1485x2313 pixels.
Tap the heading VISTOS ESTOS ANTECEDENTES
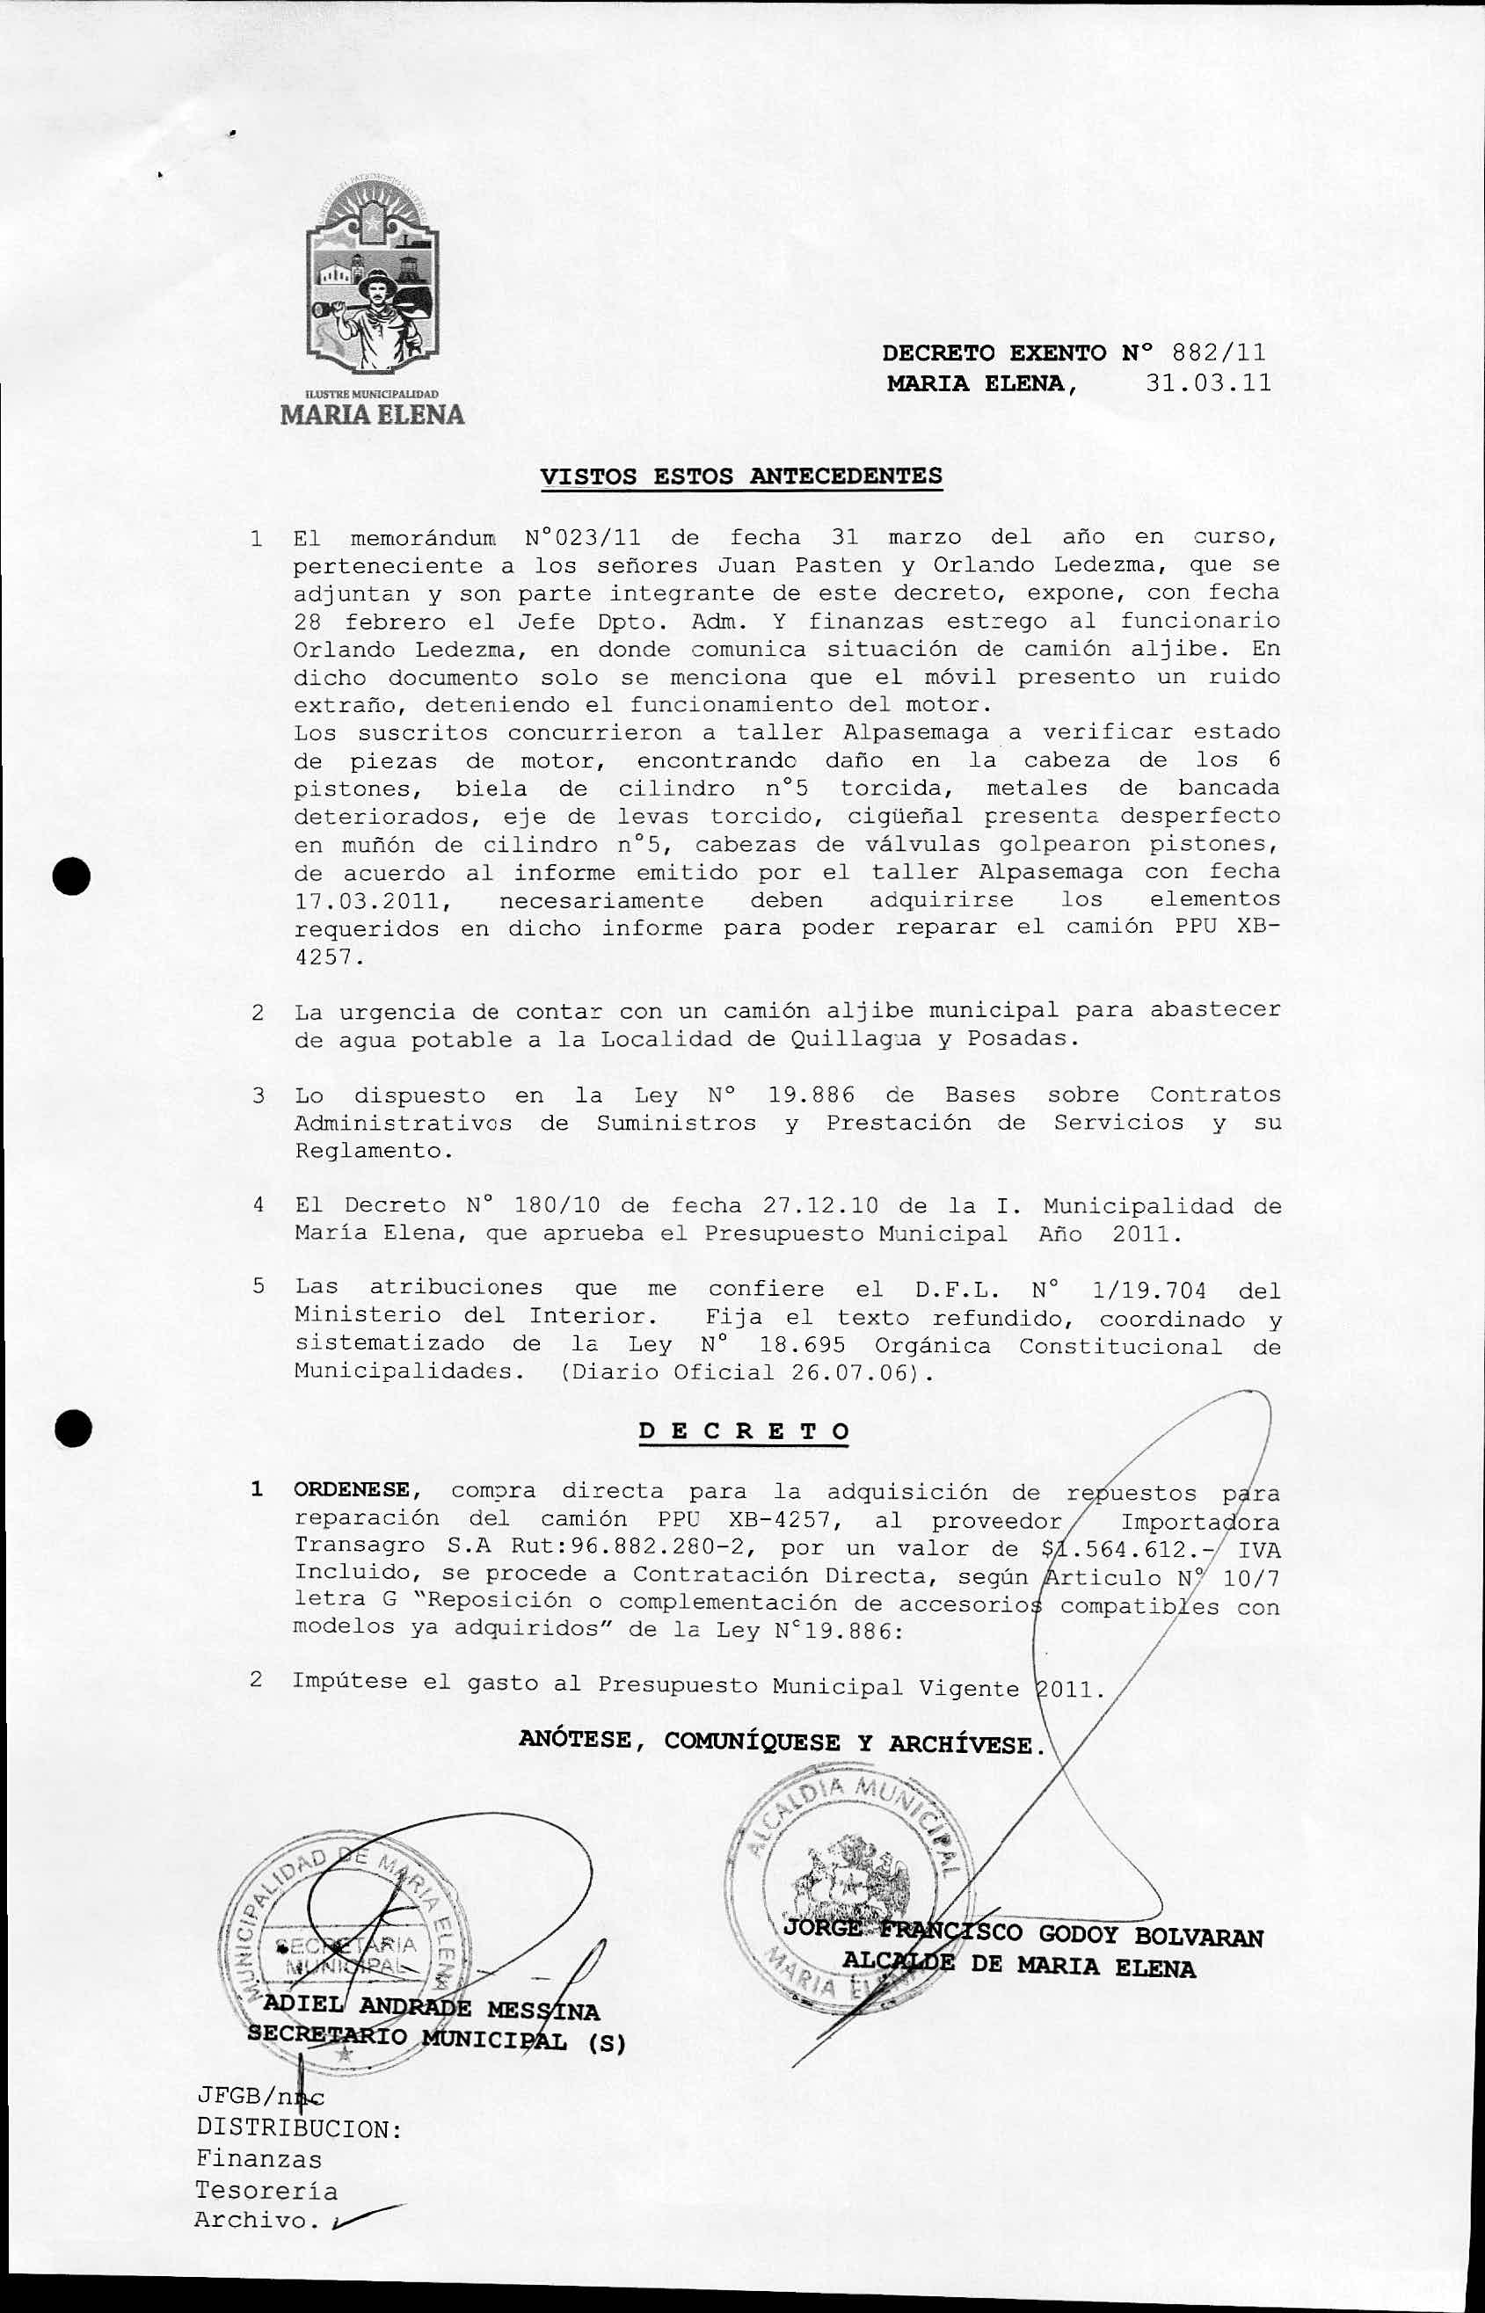(x=740, y=476)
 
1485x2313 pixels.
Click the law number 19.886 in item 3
(x=824, y=1095)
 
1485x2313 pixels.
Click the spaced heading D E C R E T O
(x=744, y=1432)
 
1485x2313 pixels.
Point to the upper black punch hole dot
(x=71, y=876)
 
